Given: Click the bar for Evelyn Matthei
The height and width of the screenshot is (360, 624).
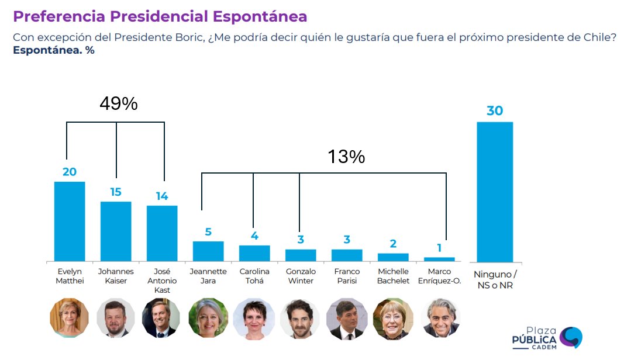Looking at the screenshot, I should tap(70, 221).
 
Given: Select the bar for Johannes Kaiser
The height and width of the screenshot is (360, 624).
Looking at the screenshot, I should tap(116, 231).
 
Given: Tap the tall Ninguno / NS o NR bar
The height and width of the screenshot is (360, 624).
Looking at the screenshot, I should tap(495, 192).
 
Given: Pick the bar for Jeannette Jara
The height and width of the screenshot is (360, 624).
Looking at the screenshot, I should tap(208, 251).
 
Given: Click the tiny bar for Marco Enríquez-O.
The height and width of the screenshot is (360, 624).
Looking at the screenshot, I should tap(439, 259).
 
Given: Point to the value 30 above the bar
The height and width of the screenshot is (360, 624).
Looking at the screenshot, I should tap(495, 110).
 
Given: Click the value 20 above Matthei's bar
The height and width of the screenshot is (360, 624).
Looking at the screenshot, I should tap(70, 172).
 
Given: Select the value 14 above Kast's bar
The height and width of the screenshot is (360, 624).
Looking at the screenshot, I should tap(162, 196).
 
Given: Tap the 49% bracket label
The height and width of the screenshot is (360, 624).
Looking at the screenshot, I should tap(119, 104).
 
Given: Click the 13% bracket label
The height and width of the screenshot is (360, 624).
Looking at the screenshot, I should tap(346, 157).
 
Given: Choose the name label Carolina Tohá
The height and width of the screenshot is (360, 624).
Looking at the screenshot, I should tap(254, 276).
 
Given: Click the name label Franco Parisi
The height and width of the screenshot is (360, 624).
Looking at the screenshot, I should tap(347, 276).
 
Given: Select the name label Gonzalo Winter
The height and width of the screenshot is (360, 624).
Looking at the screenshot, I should tap(301, 276).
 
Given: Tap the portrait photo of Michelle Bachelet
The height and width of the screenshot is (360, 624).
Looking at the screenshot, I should tap(393, 319).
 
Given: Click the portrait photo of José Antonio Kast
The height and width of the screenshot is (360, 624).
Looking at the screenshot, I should tap(162, 319).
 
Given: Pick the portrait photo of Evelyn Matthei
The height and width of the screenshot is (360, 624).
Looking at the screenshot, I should tap(70, 319).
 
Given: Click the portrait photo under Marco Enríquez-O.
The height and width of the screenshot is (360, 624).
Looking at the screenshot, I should tap(440, 319).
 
